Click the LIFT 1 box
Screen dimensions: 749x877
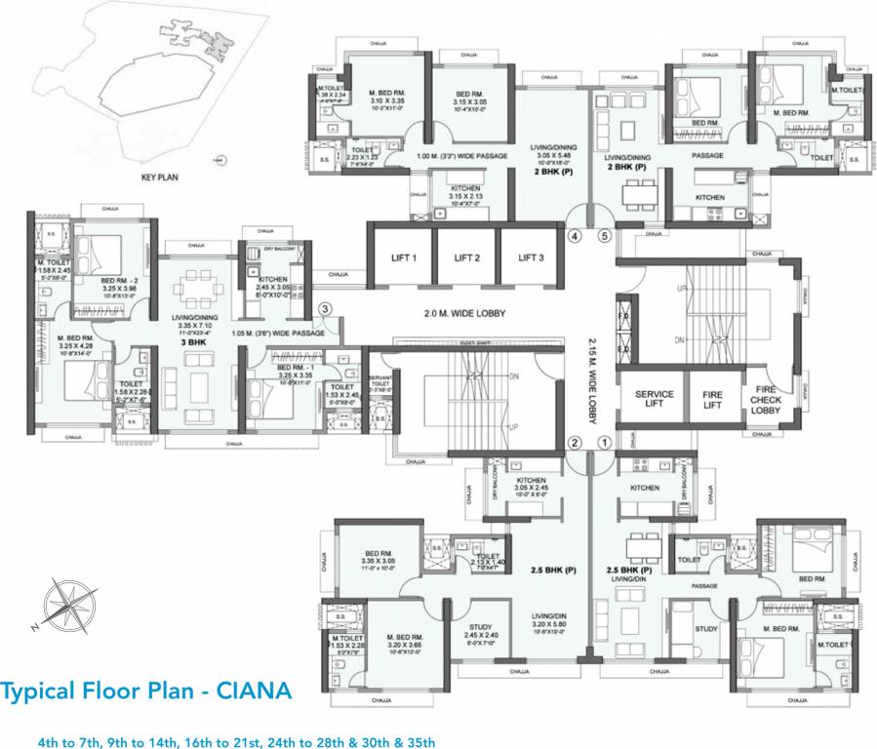[x=401, y=257]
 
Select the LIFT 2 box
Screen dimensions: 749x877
[x=466, y=257]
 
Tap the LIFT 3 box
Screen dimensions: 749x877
[x=531, y=257]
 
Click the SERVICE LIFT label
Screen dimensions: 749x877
[x=655, y=400]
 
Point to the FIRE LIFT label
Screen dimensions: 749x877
[x=712, y=400]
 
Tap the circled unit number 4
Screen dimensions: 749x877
[x=576, y=235]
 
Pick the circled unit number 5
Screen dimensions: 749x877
[x=604, y=235]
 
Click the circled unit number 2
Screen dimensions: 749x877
[x=576, y=443]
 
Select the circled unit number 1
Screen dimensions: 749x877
[x=604, y=443]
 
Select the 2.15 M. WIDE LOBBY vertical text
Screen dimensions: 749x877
[x=592, y=380]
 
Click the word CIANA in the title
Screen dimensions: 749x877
[x=252, y=690]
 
